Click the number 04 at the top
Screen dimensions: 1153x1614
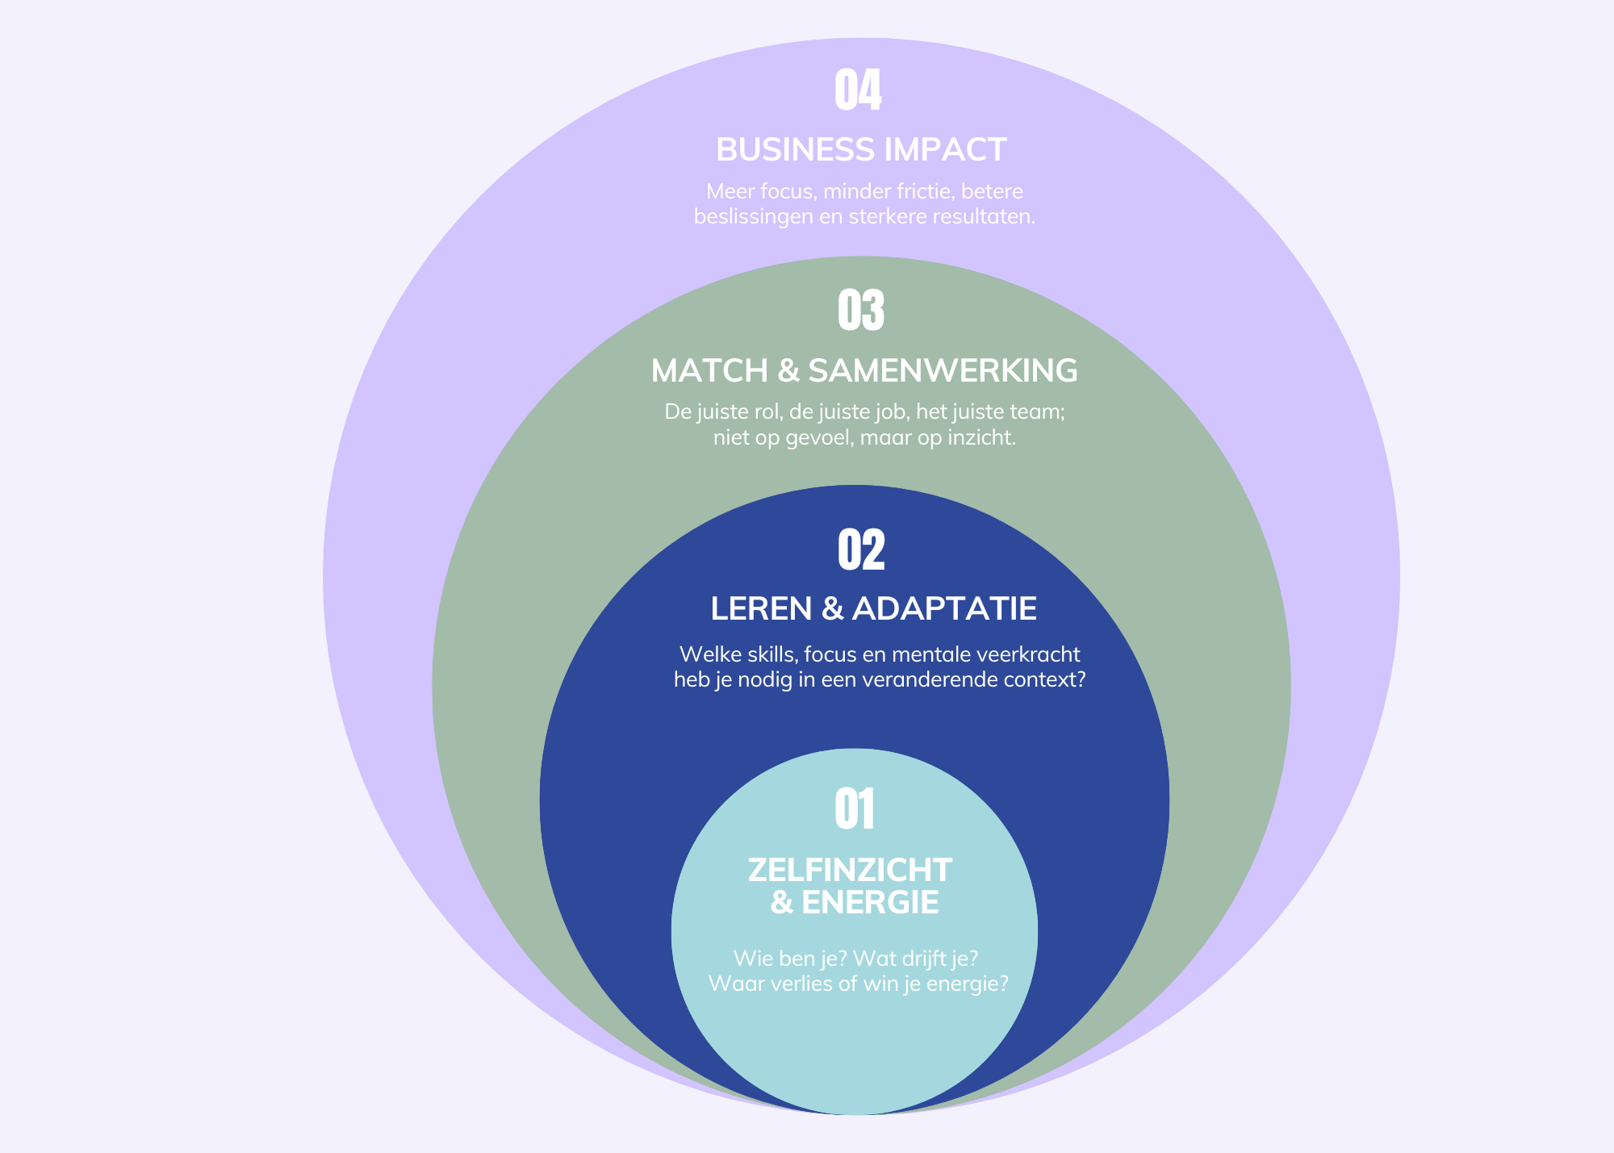(858, 90)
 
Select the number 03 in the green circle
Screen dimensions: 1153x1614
(861, 311)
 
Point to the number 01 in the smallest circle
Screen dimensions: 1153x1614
(855, 809)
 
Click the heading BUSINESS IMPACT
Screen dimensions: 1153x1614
(861, 150)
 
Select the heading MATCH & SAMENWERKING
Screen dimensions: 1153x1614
(864, 370)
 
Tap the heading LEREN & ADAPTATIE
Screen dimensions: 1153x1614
(873, 608)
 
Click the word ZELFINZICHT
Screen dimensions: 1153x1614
(850, 870)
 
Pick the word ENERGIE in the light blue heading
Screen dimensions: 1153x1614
(870, 903)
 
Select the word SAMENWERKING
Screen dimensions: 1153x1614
(943, 370)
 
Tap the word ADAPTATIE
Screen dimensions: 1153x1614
(944, 608)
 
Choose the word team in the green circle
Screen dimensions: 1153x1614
(1040, 412)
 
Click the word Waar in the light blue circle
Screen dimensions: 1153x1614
(730, 984)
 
